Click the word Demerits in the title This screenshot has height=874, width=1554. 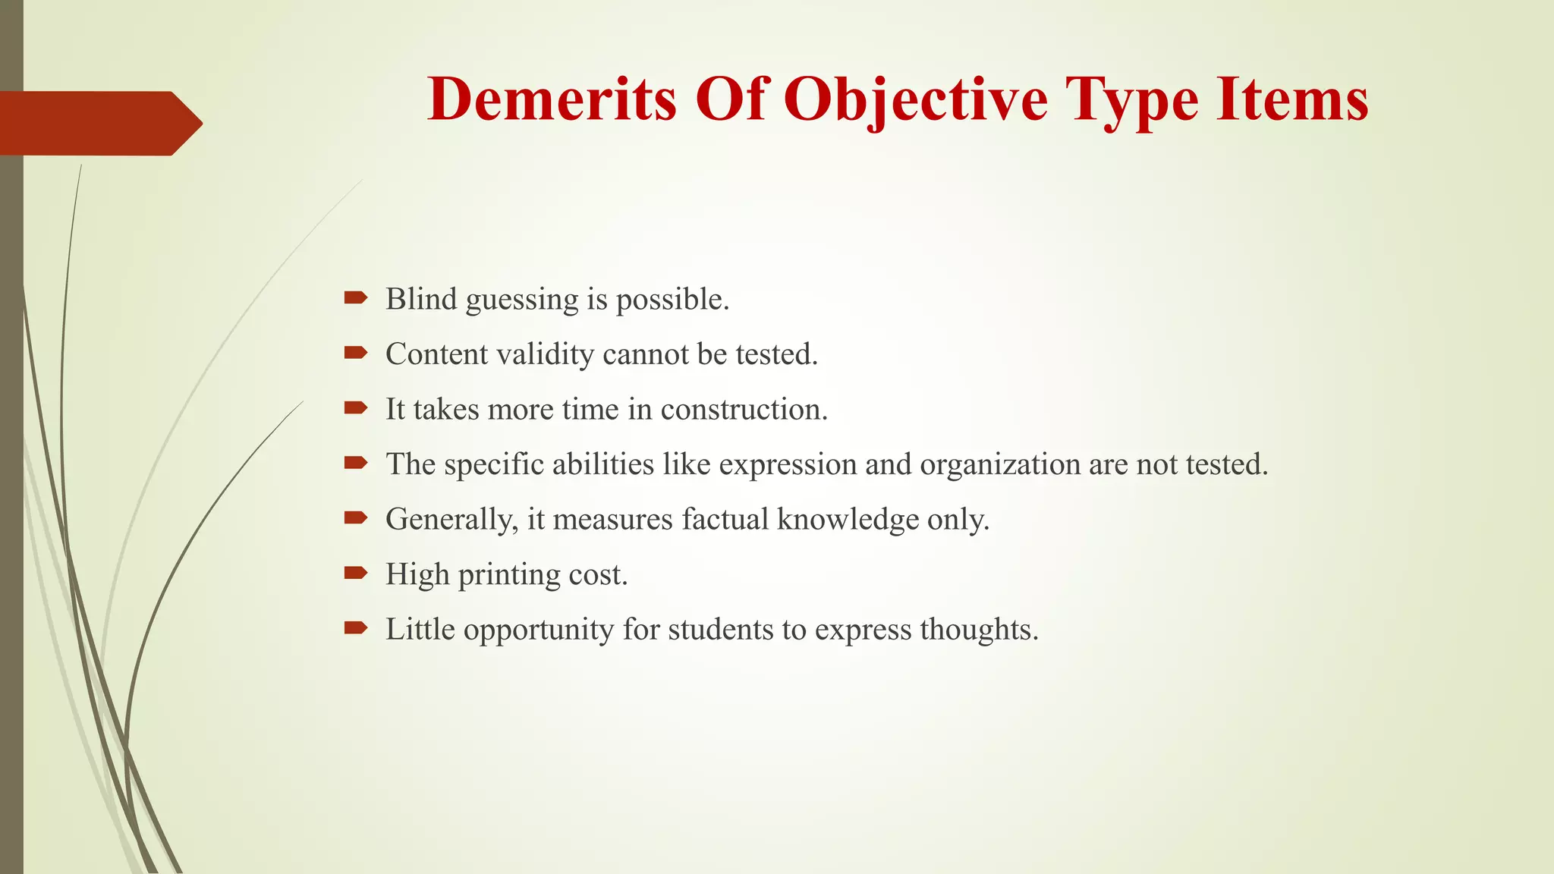click(552, 99)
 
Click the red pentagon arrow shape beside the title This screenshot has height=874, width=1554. click(99, 123)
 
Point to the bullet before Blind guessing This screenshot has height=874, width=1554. click(355, 298)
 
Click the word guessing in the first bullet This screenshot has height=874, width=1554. click(521, 300)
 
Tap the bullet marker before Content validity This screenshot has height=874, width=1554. click(355, 353)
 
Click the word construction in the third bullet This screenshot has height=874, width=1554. click(744, 410)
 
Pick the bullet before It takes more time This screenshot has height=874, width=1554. click(355, 408)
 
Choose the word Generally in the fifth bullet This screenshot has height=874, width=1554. click(451, 520)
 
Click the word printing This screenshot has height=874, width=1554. click(509, 575)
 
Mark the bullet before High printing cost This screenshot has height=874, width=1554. click(355, 573)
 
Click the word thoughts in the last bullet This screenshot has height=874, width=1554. click(979, 630)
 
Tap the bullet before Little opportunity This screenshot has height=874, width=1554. click(355, 627)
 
